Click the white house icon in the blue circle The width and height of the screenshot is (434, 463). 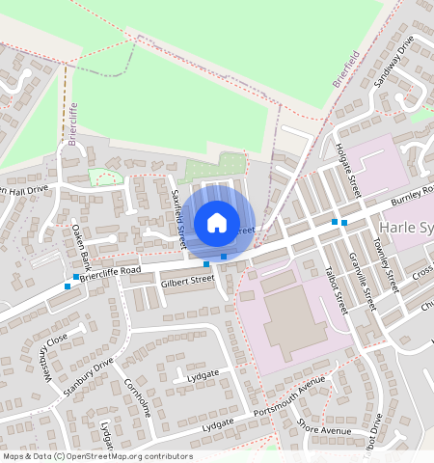click(x=217, y=223)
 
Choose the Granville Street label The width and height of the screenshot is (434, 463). click(x=364, y=279)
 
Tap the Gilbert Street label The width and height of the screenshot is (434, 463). click(x=187, y=280)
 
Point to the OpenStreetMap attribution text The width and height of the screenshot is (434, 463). click(x=97, y=456)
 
